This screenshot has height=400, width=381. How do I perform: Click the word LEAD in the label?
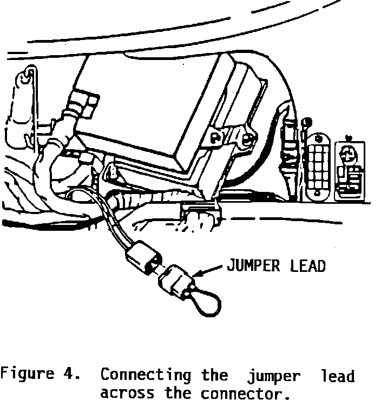[x=306, y=266]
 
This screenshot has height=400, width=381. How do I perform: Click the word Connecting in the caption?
[x=146, y=376]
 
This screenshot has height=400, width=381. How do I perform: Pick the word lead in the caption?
[x=337, y=375]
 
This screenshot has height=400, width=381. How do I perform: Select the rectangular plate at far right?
[x=350, y=171]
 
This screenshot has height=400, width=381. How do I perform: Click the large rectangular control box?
[x=162, y=108]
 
